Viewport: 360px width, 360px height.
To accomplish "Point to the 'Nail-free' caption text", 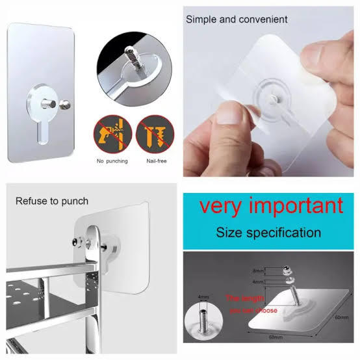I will point(153,160).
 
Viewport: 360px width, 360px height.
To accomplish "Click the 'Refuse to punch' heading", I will point(52,201).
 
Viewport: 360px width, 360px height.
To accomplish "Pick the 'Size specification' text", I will point(268,232).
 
